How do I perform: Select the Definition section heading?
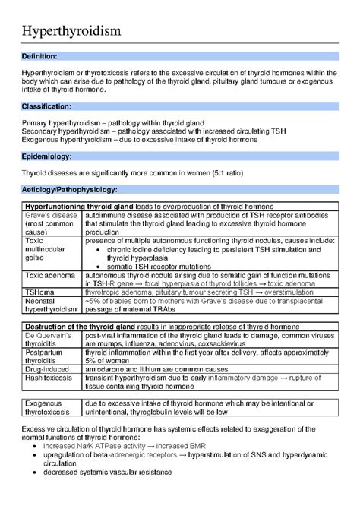pos(39,56)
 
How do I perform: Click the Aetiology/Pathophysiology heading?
pos(69,188)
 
